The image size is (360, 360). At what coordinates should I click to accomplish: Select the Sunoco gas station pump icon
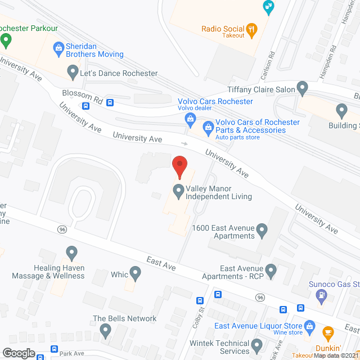click(321, 294)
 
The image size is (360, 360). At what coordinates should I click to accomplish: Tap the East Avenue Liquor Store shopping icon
click(309, 326)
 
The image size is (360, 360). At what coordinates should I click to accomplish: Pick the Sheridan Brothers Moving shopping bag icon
click(58, 48)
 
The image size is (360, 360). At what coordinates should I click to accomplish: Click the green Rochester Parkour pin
click(6, 40)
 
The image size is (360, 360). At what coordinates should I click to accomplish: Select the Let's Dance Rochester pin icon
click(72, 72)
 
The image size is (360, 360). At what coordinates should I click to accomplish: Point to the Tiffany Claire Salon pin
click(303, 88)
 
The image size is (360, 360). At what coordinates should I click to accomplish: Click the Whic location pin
click(135, 273)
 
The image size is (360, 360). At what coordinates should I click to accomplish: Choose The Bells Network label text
click(124, 318)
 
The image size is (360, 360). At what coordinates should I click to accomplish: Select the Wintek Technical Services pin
click(257, 344)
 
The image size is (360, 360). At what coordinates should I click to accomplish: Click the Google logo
click(19, 353)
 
